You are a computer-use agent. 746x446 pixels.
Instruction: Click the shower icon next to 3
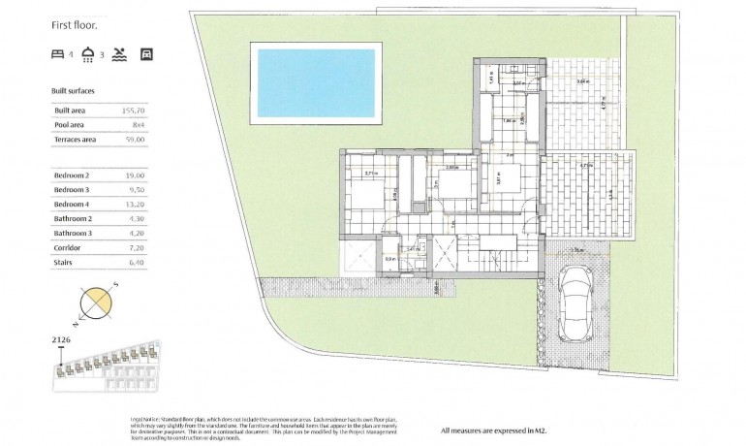[88, 54]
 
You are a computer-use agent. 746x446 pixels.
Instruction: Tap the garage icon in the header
[146, 54]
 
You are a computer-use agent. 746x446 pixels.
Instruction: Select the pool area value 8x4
[138, 125]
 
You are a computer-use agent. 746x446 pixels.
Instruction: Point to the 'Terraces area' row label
[76, 140]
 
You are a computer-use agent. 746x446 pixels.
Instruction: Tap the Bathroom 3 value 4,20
[137, 234]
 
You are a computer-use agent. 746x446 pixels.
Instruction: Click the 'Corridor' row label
[69, 248]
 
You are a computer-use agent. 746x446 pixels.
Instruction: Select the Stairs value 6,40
[137, 263]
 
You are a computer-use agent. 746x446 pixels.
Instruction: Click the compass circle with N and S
[98, 303]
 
